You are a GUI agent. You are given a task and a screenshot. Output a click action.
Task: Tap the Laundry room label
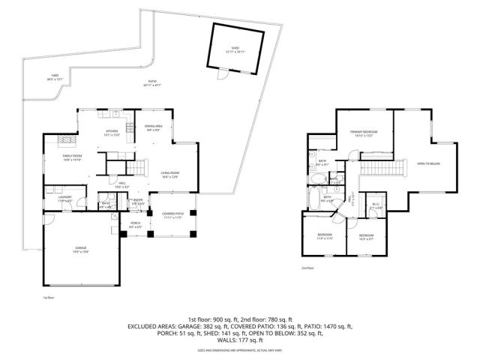point(65,199)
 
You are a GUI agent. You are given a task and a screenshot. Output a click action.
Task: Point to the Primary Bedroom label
point(363,133)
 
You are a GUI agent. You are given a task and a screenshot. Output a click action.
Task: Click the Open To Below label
point(428,163)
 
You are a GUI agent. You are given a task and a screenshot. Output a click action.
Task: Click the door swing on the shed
point(221,76)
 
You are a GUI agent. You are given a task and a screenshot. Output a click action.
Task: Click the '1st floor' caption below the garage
point(49,298)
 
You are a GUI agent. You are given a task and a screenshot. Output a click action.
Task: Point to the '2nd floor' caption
point(307,268)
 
